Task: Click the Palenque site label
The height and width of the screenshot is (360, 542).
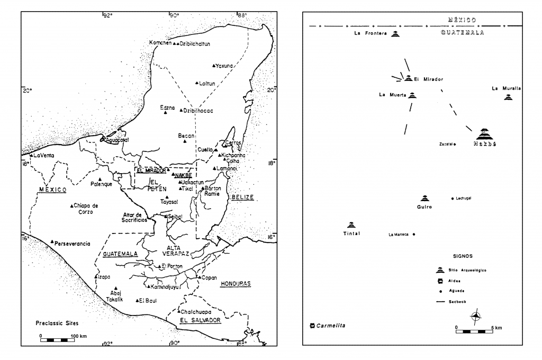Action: point(101,184)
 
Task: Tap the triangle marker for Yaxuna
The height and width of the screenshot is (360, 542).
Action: point(213,66)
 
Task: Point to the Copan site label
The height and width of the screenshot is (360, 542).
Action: point(210,277)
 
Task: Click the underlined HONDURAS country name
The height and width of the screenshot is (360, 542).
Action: point(234,284)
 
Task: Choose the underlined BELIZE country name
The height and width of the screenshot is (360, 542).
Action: point(242,197)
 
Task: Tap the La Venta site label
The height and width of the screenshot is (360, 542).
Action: point(44,155)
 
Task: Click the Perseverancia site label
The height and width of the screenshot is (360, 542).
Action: point(73,244)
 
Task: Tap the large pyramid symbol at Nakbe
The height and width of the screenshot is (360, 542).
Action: point(484,134)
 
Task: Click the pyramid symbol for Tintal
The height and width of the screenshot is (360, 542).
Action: point(351,224)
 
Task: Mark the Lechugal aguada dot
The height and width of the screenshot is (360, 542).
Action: point(452,199)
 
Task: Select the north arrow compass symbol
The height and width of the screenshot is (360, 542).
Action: point(476,317)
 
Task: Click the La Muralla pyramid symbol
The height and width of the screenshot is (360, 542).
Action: point(508,97)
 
